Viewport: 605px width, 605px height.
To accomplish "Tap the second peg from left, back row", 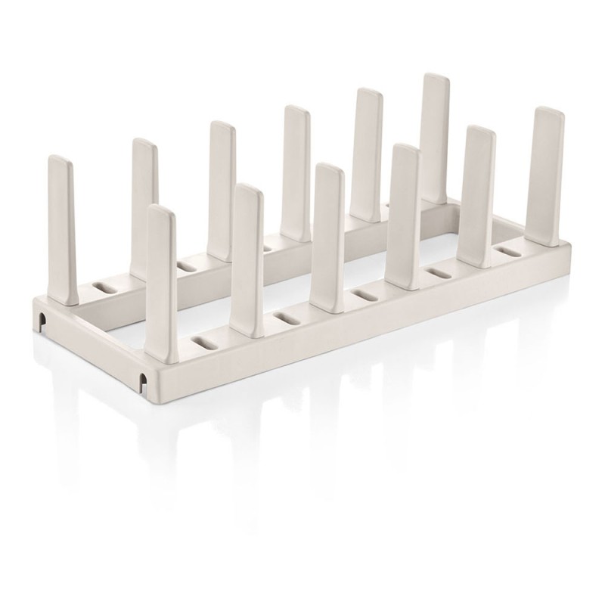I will pyautogui.click(x=144, y=204).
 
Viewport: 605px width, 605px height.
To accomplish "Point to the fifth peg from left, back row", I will pyautogui.click(x=368, y=151).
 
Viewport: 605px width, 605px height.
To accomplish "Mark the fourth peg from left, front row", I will pyautogui.click(x=405, y=212).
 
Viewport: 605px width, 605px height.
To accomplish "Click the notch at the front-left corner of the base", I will pyautogui.click(x=144, y=378).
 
